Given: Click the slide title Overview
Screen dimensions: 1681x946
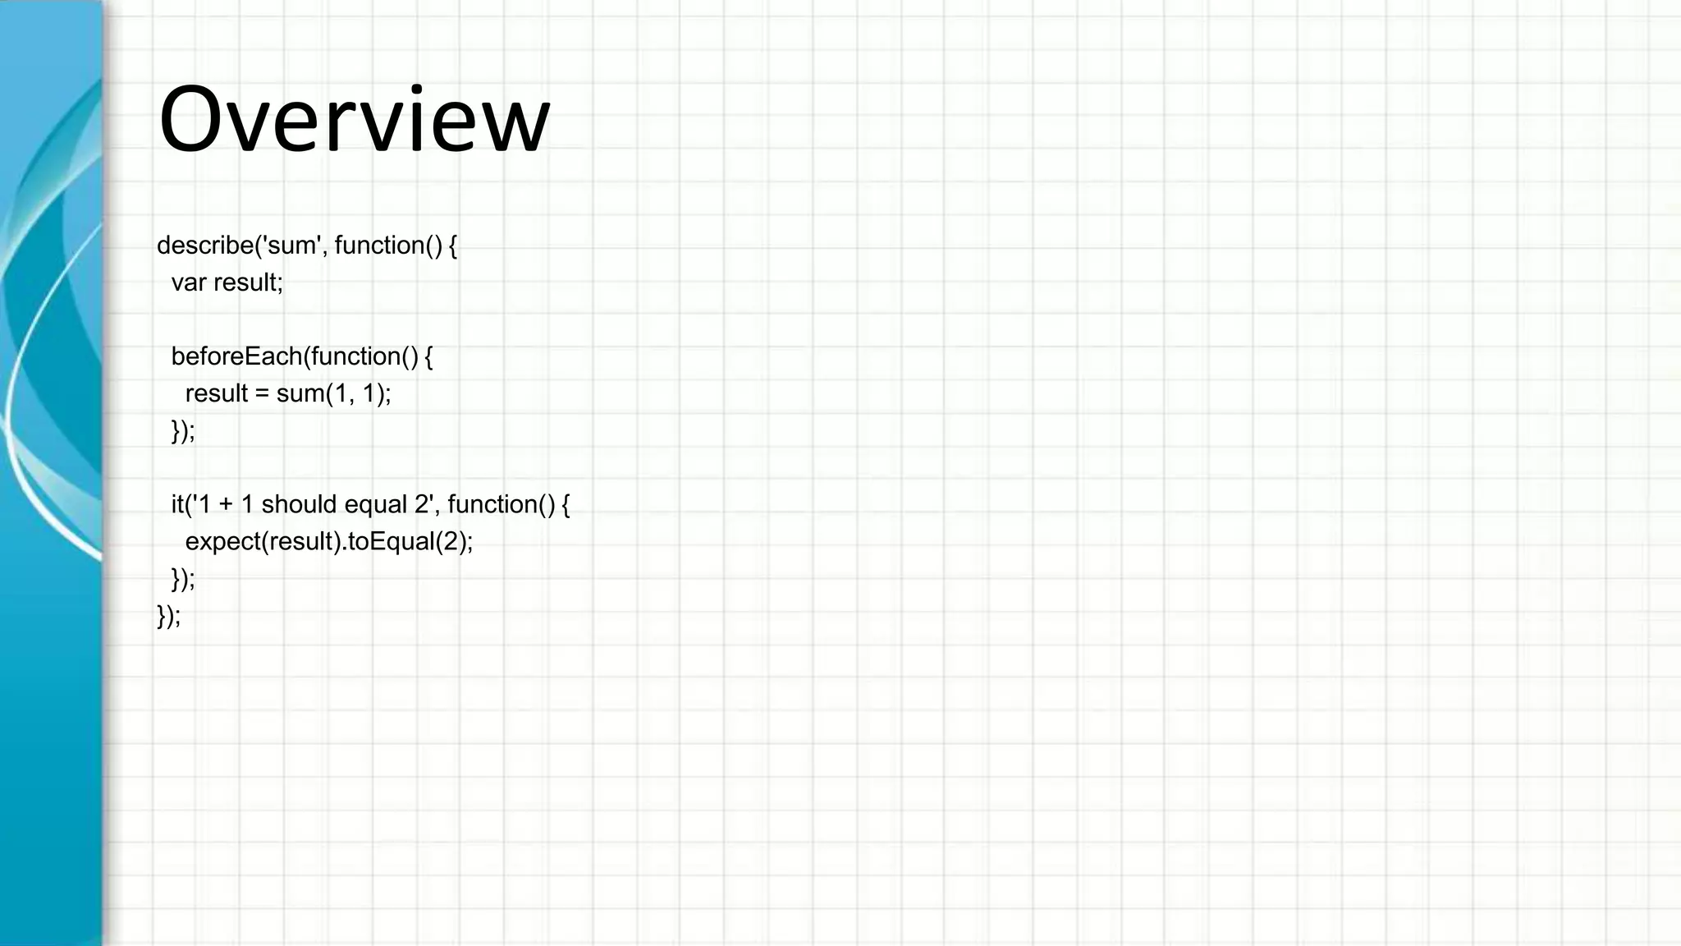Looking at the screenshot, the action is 354,120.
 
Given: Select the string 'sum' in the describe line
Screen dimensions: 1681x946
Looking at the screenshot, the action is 291,246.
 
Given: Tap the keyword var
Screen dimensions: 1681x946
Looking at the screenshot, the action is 189,282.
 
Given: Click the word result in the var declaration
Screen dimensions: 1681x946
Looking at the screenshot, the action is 247,282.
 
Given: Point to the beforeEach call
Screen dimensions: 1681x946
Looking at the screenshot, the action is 236,356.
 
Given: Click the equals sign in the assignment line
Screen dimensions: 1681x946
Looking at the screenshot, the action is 262,394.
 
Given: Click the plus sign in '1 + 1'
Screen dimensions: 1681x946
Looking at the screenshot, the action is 226,505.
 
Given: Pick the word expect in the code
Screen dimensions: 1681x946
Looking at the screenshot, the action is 222,542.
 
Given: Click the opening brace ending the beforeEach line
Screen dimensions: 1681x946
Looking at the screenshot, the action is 428,356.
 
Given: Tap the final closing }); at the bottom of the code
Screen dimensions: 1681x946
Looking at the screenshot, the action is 168,616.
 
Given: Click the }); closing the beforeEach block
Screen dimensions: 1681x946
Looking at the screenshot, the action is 183,430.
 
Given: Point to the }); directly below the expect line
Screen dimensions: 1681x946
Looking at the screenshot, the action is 183,579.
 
